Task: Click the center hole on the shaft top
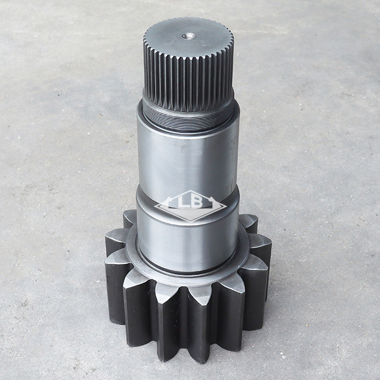[189, 36]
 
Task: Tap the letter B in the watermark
[197, 202]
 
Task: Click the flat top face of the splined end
[188, 39]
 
